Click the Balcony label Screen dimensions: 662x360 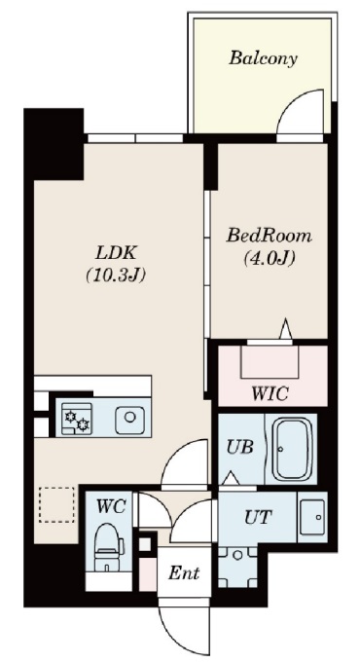click(x=263, y=58)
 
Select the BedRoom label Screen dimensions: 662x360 click(x=270, y=236)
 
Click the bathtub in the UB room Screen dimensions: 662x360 click(x=292, y=449)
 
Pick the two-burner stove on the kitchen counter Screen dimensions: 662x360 click(x=74, y=421)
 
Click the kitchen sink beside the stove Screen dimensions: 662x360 click(x=129, y=420)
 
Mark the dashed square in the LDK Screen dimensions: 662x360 click(x=55, y=504)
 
